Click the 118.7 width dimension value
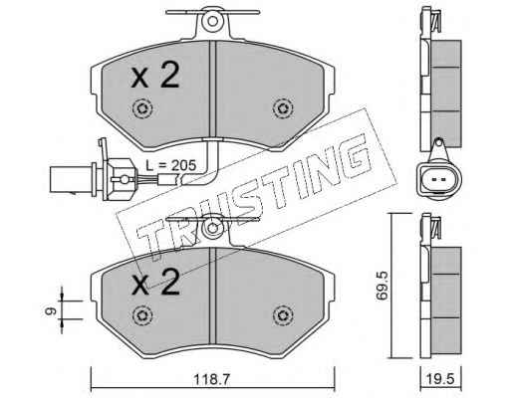click(x=212, y=379)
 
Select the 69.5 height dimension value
click(x=382, y=286)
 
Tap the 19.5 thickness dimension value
click(x=441, y=379)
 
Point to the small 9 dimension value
click(x=49, y=310)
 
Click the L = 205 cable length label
click(x=171, y=165)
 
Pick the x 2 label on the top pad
click(x=155, y=76)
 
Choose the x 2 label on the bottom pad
click(x=155, y=282)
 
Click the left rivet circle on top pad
click(x=142, y=108)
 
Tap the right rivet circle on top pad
click(x=283, y=108)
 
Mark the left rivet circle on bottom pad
click(x=142, y=315)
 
